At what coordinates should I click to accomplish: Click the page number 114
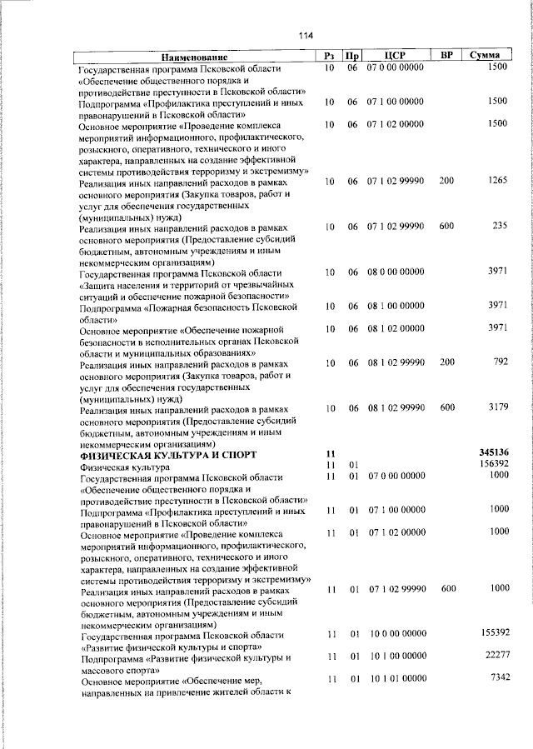(x=305, y=35)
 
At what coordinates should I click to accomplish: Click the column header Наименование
(x=194, y=56)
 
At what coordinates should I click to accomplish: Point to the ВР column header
(x=446, y=55)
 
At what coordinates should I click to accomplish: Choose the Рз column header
(x=329, y=56)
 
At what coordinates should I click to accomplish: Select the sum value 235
(x=500, y=226)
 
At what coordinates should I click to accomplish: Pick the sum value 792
(x=500, y=362)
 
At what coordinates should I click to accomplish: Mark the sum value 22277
(x=494, y=656)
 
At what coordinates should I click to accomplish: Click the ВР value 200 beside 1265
(x=447, y=180)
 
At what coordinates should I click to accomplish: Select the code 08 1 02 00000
(x=395, y=327)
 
